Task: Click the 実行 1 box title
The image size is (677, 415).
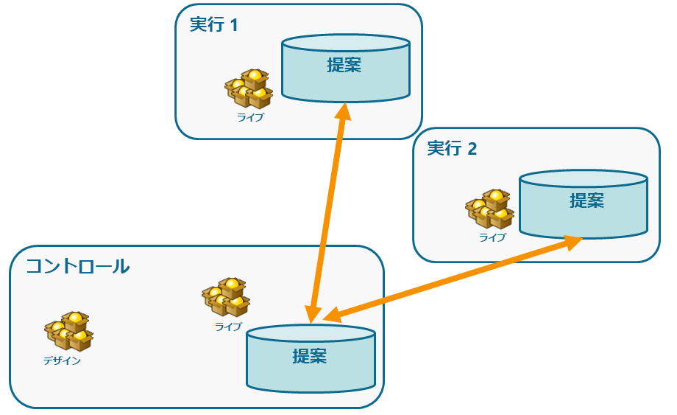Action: tap(213, 24)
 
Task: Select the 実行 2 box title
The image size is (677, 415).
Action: tap(452, 148)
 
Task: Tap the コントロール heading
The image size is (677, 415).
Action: tap(78, 266)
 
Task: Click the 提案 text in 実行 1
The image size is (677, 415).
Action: tap(344, 64)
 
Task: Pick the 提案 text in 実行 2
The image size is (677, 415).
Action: tap(586, 200)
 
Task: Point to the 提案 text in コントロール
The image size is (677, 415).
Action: tap(310, 356)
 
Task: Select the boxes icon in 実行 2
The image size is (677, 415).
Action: tap(489, 209)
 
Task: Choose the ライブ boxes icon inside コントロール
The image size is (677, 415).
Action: tap(226, 298)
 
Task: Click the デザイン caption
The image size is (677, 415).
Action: tap(62, 360)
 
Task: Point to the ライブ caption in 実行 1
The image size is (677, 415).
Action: tap(250, 116)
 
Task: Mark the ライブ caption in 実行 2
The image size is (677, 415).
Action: tap(492, 237)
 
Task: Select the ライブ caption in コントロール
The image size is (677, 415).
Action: tap(228, 326)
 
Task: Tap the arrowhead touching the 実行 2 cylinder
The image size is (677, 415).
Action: tap(575, 242)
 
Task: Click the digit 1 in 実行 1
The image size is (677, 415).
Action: tap(234, 24)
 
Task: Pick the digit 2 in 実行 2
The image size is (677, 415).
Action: tap(472, 148)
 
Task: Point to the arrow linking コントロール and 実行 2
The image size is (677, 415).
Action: tap(449, 279)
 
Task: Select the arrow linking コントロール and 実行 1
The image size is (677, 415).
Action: tap(328, 214)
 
